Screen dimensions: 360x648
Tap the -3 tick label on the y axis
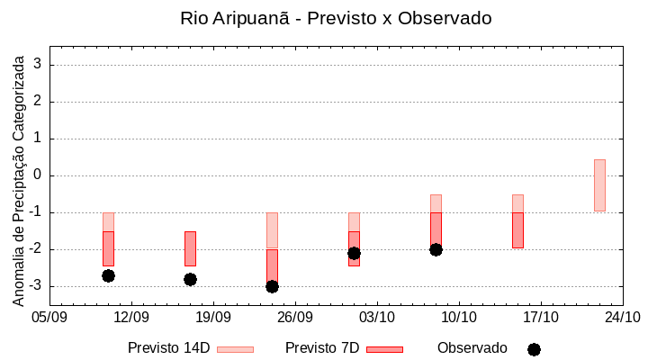coord(35,286)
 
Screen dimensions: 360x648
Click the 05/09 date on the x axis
coord(49,317)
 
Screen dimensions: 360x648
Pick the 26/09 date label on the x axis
coord(295,317)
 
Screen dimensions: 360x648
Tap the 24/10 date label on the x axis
coord(623,317)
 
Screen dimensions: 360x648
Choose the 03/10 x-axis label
coord(377,317)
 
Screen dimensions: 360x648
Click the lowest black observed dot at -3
coord(272,286)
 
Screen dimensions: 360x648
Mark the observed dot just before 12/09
coord(108,275)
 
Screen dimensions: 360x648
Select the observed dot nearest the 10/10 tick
coord(436,249)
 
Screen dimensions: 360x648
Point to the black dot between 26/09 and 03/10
coord(354,253)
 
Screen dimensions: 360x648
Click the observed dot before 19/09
coord(190,279)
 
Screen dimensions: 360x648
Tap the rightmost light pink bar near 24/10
coord(599,185)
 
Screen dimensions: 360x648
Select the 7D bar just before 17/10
coord(517,230)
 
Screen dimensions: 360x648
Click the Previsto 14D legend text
coord(169,348)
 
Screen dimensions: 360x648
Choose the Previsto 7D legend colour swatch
coord(384,349)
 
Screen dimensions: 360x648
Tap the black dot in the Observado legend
coord(534,349)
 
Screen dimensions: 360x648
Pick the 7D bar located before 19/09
coord(190,248)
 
